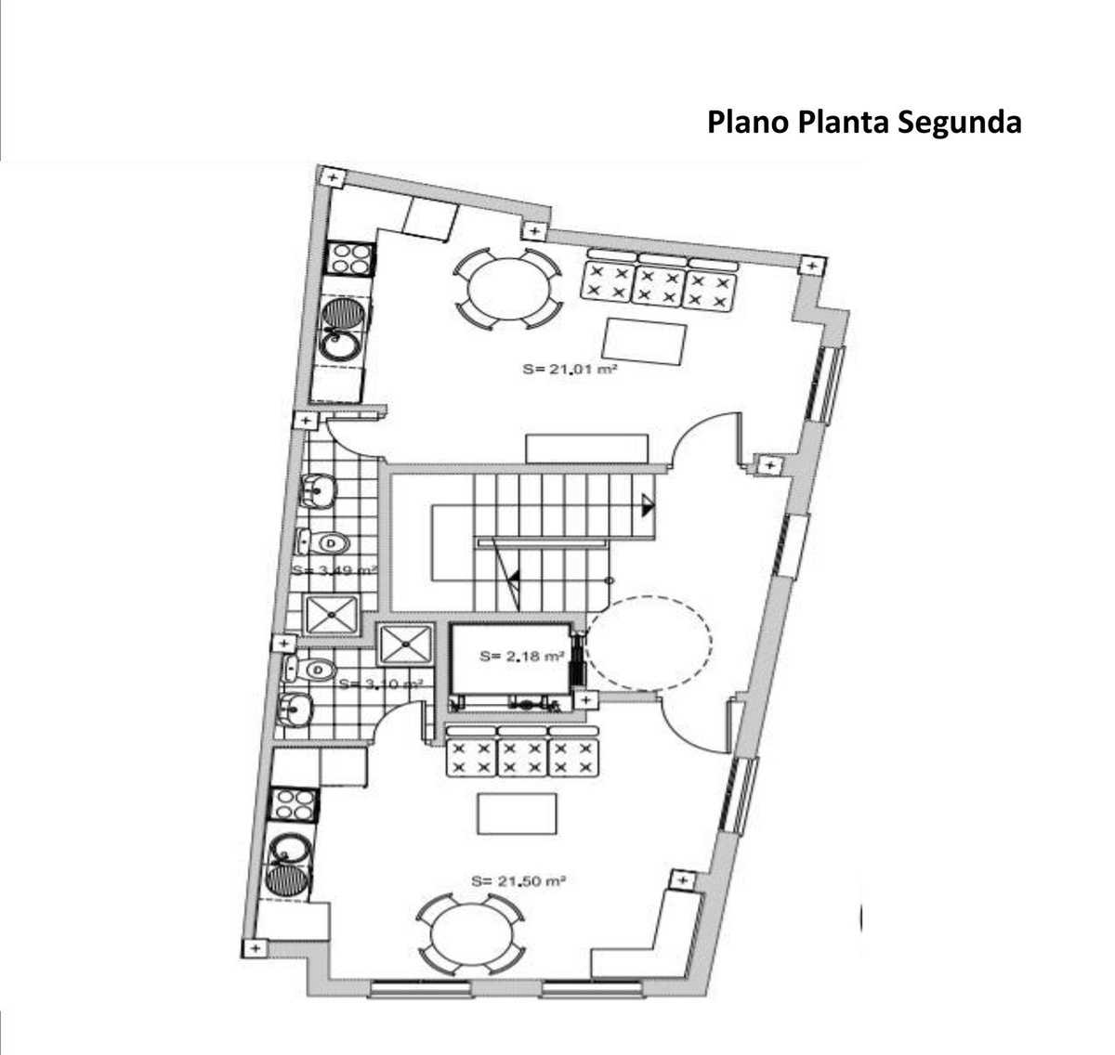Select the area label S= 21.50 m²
point(518,880)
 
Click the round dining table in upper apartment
point(507,289)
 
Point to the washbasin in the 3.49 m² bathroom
point(319,489)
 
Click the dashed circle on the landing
point(649,642)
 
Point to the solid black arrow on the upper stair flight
point(647,505)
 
